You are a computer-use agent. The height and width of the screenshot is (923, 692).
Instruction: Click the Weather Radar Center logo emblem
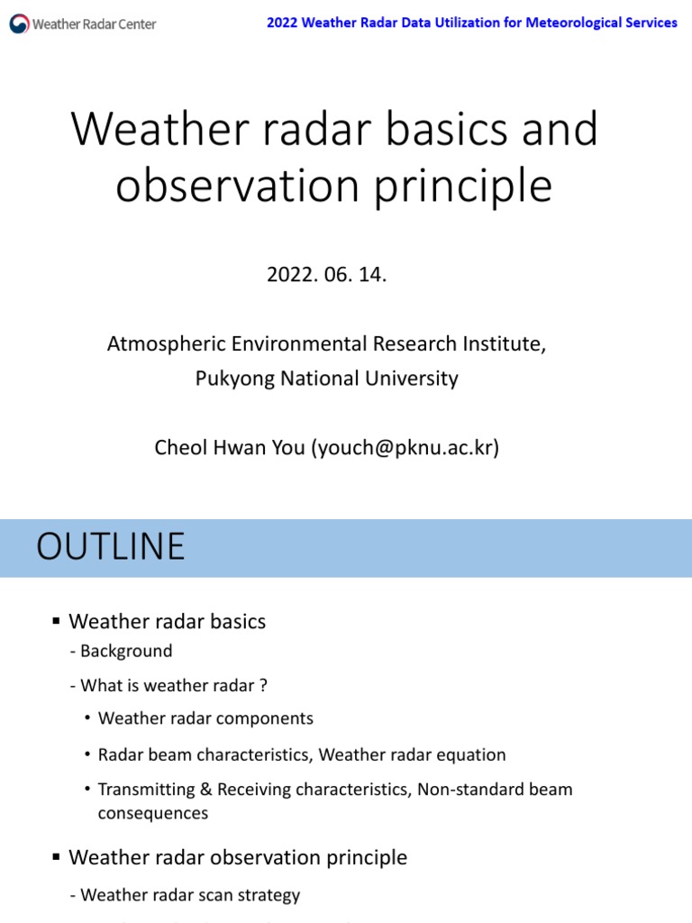pyautogui.click(x=19, y=24)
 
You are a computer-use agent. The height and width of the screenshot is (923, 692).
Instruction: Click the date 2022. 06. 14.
pyautogui.click(x=326, y=275)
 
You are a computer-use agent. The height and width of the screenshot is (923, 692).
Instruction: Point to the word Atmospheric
pyautogui.click(x=159, y=343)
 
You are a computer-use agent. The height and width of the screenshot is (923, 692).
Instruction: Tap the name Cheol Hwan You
pyautogui.click(x=230, y=448)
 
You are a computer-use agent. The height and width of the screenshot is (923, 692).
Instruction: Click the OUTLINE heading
pyautogui.click(x=110, y=547)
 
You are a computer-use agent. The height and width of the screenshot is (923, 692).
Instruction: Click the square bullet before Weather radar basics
pyautogui.click(x=56, y=621)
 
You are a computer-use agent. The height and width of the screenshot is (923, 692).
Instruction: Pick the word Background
pyautogui.click(x=126, y=651)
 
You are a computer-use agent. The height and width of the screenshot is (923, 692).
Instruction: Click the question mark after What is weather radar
pyautogui.click(x=264, y=685)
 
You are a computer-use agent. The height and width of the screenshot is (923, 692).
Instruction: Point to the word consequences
pyautogui.click(x=153, y=813)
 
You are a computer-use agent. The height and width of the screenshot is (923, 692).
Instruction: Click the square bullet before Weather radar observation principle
pyautogui.click(x=56, y=857)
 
